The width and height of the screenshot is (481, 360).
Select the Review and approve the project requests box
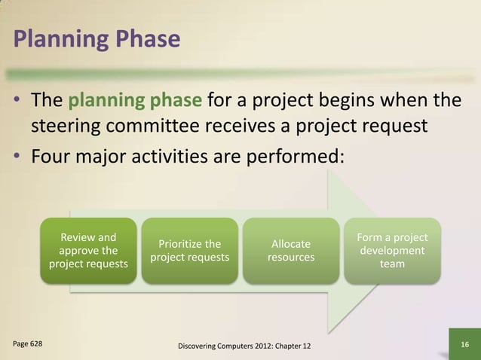tap(88, 251)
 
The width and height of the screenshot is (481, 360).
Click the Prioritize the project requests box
tap(190, 251)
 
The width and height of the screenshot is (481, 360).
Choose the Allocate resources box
tap(291, 251)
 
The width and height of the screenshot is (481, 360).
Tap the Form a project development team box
tap(392, 251)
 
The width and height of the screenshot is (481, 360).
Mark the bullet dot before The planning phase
tap(17, 101)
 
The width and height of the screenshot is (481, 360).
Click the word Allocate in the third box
tap(291, 244)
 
